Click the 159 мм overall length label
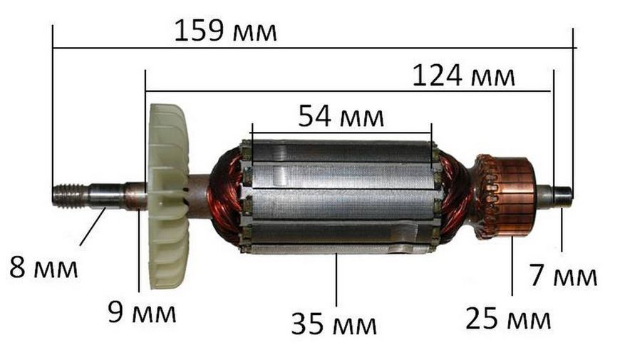(x=225, y=31)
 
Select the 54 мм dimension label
(x=341, y=116)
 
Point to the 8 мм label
(x=43, y=267)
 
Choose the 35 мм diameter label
(x=334, y=324)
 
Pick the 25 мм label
(x=508, y=319)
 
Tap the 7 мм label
(x=564, y=275)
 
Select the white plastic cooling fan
(x=168, y=197)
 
